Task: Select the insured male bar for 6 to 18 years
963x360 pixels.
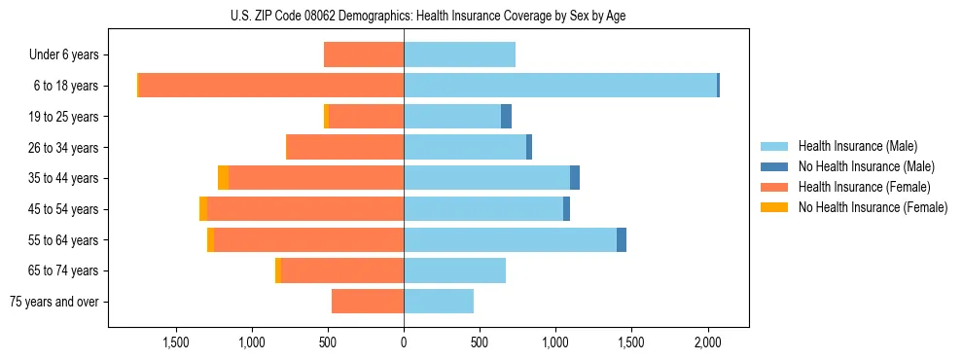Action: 560,86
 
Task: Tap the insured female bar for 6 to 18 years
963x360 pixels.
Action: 271,86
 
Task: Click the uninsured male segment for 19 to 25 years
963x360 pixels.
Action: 506,117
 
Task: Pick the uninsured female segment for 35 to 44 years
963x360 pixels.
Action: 223,178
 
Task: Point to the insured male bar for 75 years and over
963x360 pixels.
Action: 439,302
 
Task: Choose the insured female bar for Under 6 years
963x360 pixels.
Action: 364,55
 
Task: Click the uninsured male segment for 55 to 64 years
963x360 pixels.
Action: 622,240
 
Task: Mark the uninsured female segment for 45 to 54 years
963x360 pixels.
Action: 202,209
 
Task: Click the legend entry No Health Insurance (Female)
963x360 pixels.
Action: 873,207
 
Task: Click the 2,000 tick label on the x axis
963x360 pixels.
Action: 707,342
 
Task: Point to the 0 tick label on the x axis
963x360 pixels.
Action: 404,342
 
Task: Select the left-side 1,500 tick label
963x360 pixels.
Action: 176,342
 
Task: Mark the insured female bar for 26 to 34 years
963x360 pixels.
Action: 345,148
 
